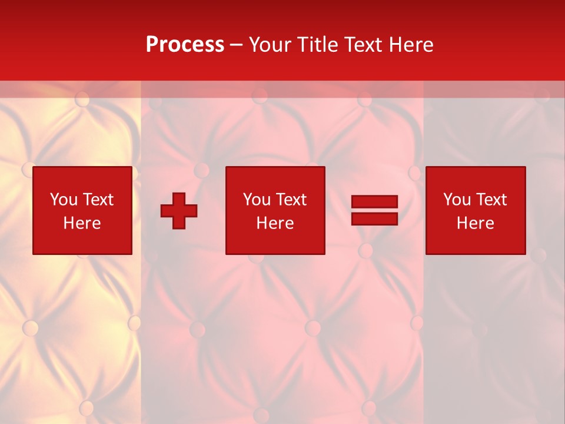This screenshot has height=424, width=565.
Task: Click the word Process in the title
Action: click(x=185, y=45)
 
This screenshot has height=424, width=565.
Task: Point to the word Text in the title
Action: click(x=365, y=45)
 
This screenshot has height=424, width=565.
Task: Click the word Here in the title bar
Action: click(x=413, y=45)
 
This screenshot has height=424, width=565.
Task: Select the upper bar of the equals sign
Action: click(x=374, y=202)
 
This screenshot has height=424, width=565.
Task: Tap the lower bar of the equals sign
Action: click(x=374, y=218)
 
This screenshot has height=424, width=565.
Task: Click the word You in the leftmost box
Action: click(x=63, y=200)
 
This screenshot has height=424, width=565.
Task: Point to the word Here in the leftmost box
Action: click(x=82, y=223)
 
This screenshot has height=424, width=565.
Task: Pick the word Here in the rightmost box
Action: click(x=475, y=223)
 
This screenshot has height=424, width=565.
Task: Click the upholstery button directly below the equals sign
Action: click(x=365, y=250)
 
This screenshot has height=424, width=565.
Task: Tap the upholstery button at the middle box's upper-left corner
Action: click(x=202, y=171)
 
